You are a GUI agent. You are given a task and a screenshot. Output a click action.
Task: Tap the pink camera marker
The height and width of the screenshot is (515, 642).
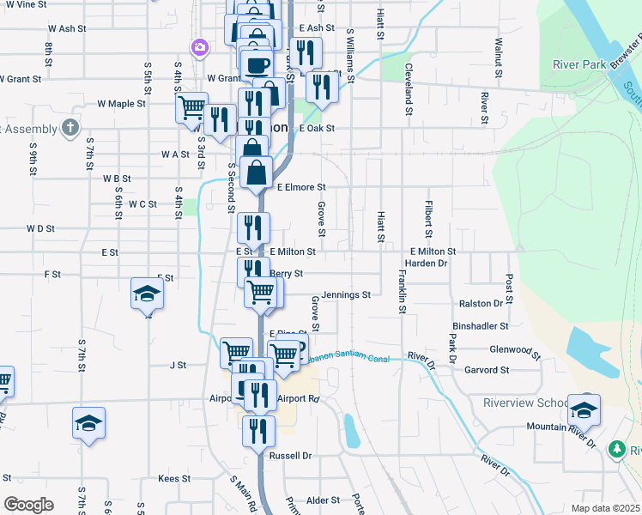[x=199, y=45]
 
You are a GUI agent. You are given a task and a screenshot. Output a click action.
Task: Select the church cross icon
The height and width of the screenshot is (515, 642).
[x=71, y=129]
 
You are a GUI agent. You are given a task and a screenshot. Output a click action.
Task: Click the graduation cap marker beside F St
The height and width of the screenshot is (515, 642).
[x=147, y=294]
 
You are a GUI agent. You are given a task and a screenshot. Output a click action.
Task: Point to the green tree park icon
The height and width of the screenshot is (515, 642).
[x=615, y=449]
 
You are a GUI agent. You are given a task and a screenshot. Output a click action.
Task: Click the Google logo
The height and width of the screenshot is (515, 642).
[x=27, y=505]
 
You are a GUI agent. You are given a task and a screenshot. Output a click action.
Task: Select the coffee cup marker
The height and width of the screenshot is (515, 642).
[x=257, y=64]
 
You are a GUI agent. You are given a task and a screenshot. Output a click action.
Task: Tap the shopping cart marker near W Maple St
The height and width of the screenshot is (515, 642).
[x=191, y=109]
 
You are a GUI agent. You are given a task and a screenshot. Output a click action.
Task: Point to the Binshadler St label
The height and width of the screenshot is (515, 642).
[x=481, y=326]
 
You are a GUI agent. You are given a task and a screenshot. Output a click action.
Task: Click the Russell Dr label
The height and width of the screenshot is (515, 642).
[x=289, y=455]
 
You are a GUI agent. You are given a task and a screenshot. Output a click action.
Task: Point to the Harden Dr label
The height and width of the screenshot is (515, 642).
[x=427, y=264]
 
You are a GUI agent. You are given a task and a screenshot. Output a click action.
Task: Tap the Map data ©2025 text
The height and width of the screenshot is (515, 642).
[x=605, y=508]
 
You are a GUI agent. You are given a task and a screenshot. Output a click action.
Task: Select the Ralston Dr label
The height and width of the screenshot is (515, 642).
[x=481, y=304]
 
